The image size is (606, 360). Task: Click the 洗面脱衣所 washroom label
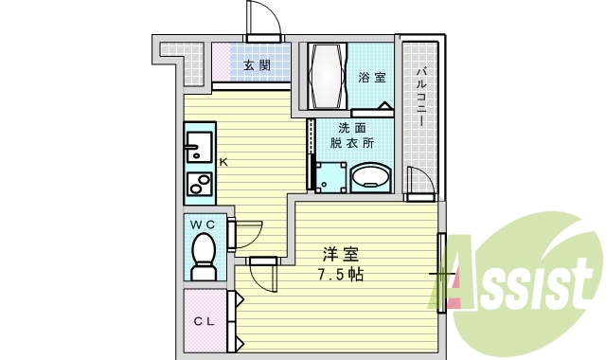[351, 135]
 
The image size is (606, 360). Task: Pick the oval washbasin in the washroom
[370, 177]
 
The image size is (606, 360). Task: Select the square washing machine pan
[330, 176]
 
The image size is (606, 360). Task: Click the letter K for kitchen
[223, 162]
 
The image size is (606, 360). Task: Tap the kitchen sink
[199, 147]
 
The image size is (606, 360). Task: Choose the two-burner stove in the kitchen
[199, 184]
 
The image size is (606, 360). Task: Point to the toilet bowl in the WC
[203, 255]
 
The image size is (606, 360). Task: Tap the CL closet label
[205, 321]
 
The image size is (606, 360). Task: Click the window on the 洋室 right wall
[441, 274]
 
